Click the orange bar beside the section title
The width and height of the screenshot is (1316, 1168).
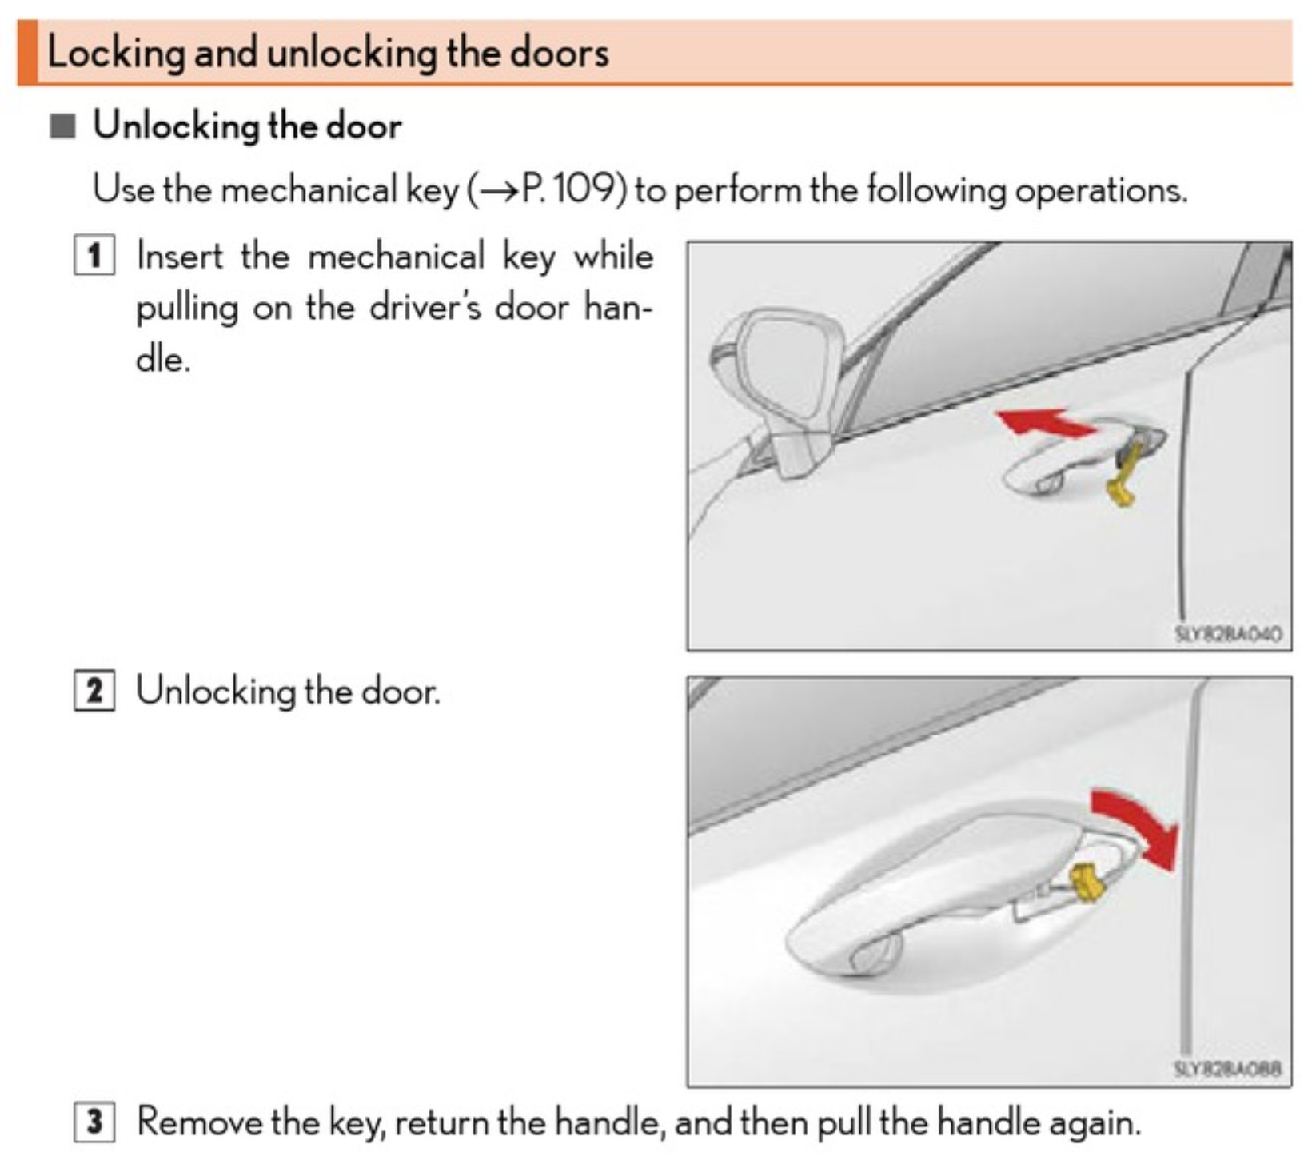pyautogui.click(x=27, y=52)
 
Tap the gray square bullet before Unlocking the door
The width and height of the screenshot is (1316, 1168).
pyautogui.click(x=62, y=126)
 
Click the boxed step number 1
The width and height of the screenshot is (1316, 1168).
pyautogui.click(x=94, y=256)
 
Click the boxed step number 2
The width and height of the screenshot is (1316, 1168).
pyautogui.click(x=94, y=691)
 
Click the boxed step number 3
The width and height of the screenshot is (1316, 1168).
pyautogui.click(x=94, y=1122)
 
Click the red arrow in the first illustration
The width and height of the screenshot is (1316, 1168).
pyautogui.click(x=1043, y=422)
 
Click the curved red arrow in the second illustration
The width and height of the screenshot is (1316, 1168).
pyautogui.click(x=1139, y=827)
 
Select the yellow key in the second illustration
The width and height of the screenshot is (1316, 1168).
pyautogui.click(x=1087, y=883)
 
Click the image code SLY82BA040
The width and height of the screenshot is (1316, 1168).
pyautogui.click(x=1227, y=634)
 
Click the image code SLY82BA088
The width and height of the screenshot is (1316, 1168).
pyautogui.click(x=1227, y=1069)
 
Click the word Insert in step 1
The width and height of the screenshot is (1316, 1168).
pyautogui.click(x=180, y=257)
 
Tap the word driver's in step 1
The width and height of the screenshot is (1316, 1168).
pyautogui.click(x=425, y=308)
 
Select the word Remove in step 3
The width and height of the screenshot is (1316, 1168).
pyautogui.click(x=200, y=1122)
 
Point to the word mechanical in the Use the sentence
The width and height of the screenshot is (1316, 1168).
pyautogui.click(x=308, y=190)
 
